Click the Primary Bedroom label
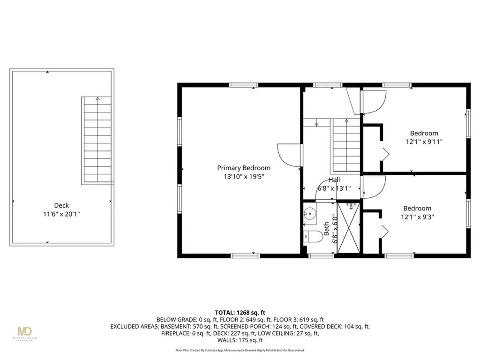[x=243, y=168]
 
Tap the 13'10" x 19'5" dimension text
[x=243, y=177]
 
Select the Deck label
[x=61, y=205]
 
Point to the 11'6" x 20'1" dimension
[x=61, y=213]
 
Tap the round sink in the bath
[x=309, y=214]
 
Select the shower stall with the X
[x=348, y=228]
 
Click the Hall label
[x=334, y=180]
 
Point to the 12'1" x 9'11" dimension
[x=424, y=141]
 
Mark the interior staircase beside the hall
[x=346, y=145]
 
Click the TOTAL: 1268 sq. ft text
[x=240, y=312]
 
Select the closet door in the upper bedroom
[x=385, y=153]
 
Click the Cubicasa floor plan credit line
[x=240, y=350]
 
